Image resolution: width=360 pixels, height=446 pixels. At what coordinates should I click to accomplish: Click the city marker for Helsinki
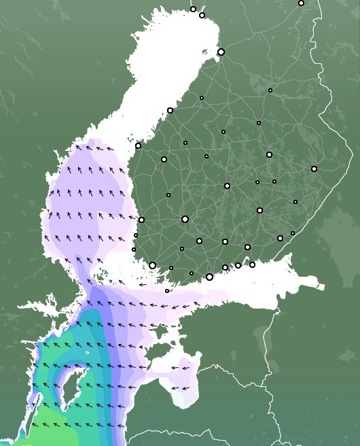[209, 277]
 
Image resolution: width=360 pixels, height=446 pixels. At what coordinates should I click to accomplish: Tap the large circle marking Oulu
[221, 52]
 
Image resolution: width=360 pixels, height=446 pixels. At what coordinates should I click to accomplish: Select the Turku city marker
[152, 265]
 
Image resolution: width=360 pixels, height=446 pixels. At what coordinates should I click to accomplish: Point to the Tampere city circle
[185, 219]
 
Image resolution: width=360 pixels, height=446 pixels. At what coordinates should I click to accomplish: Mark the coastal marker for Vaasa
[138, 145]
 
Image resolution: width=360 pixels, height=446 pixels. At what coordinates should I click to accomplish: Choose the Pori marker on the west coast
[141, 220]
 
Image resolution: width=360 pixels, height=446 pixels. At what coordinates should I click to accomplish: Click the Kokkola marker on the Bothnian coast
[170, 110]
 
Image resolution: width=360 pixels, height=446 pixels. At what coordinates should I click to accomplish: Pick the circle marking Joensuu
[314, 169]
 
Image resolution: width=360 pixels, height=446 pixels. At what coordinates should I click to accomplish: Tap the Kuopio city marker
[269, 154]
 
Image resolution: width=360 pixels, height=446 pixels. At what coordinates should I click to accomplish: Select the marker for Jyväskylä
[227, 186]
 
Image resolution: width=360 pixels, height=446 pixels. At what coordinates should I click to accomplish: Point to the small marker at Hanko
[167, 291]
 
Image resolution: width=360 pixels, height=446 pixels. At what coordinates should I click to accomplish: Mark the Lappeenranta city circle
[280, 238]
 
